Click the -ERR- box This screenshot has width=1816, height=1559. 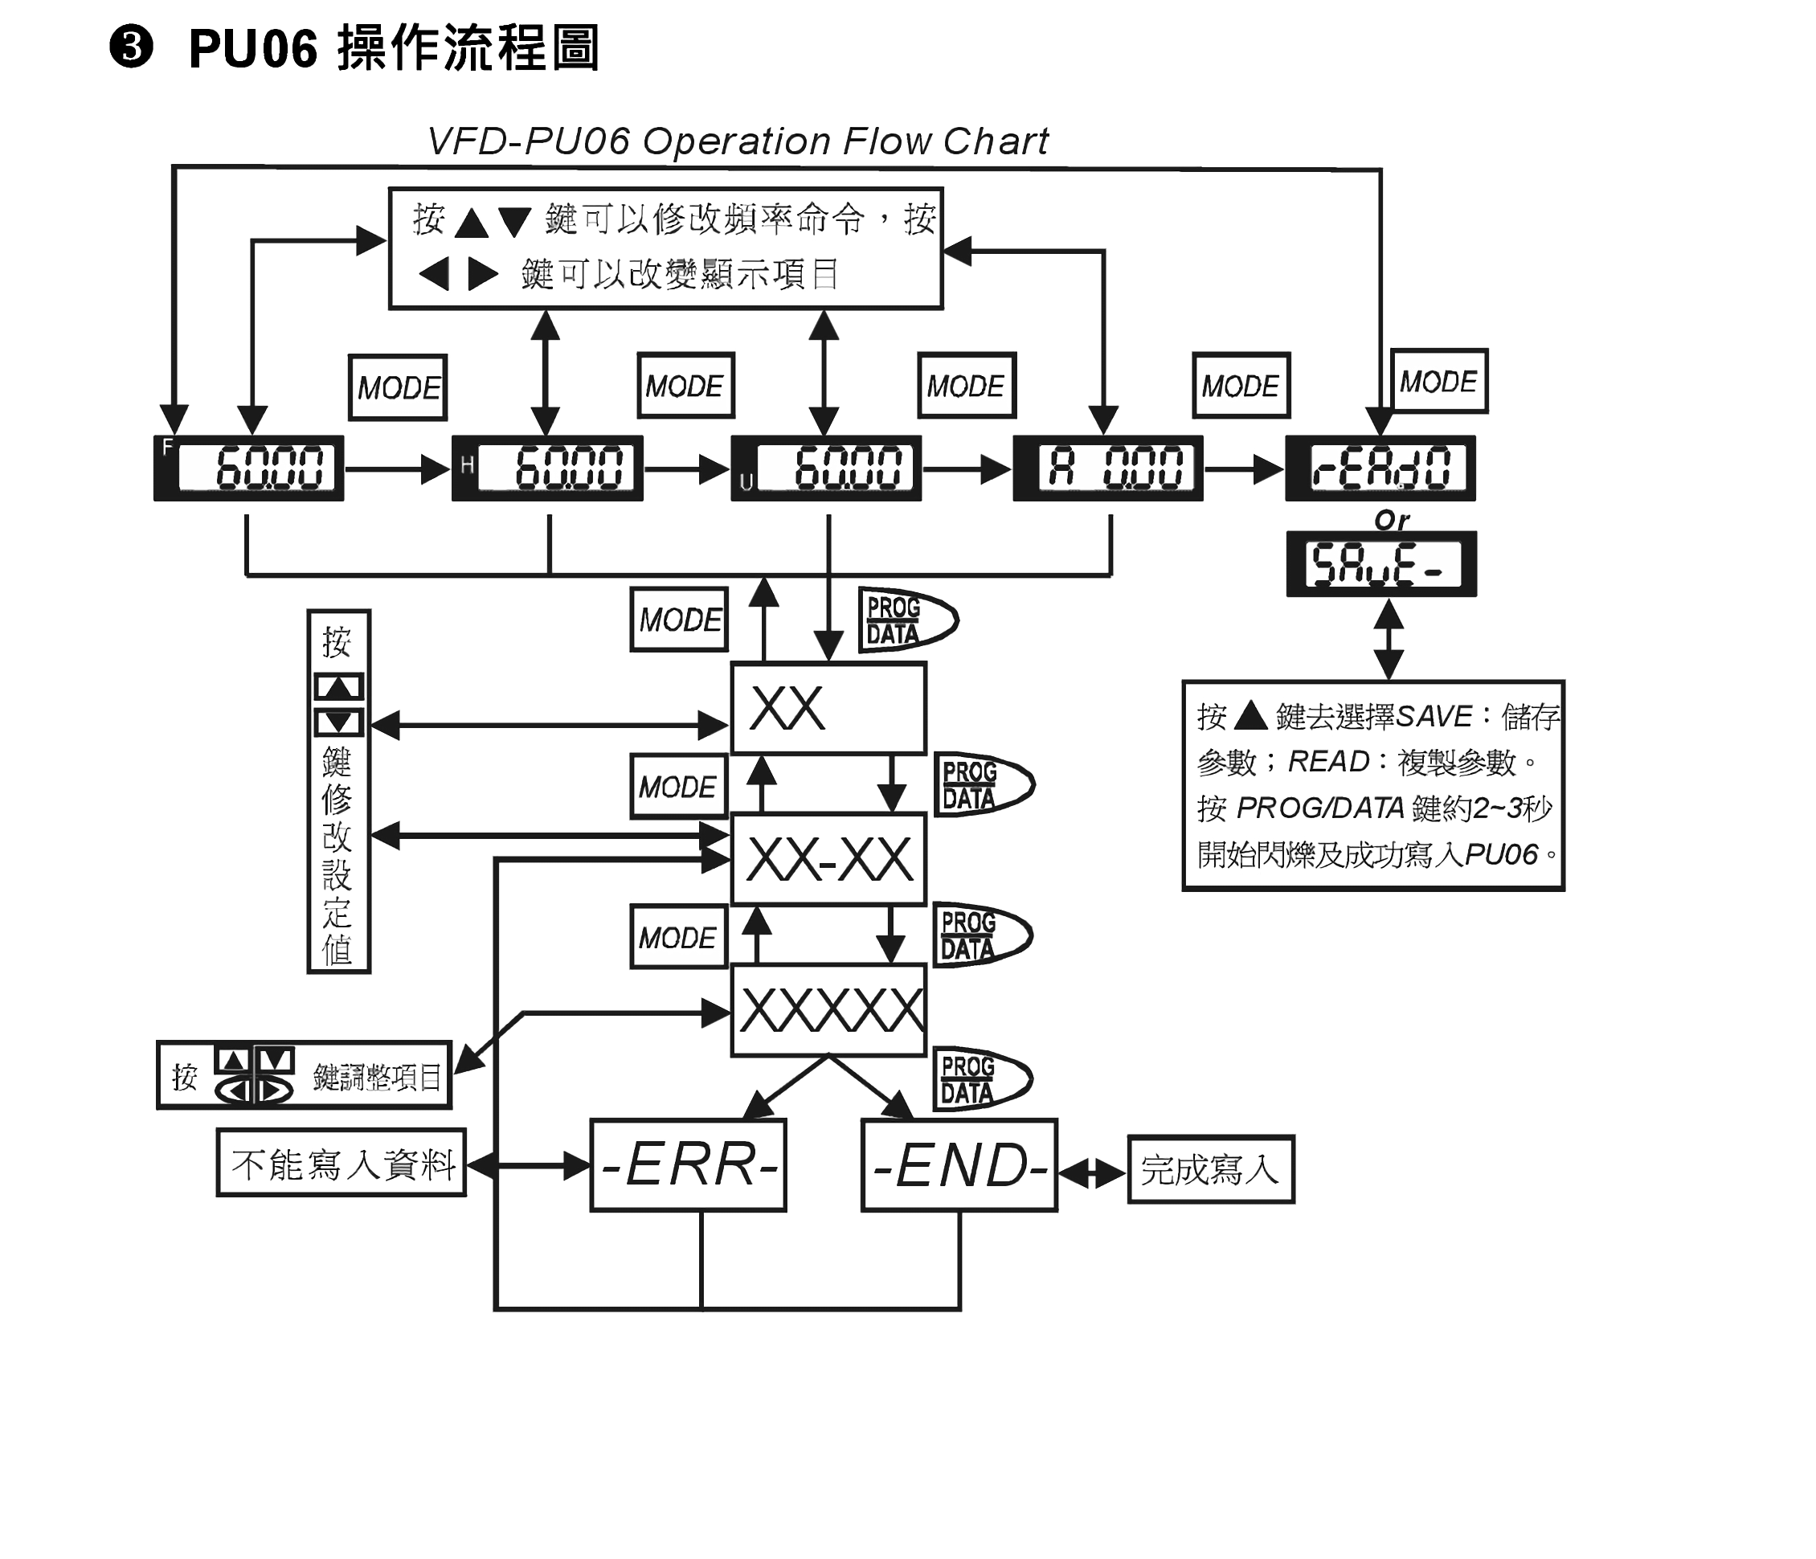pyautogui.click(x=688, y=1164)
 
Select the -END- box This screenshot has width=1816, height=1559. pyautogui.click(x=959, y=1164)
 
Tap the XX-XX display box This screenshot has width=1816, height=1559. pyautogui.click(x=828, y=859)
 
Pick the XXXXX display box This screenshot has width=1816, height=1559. pyautogui.click(x=828, y=1009)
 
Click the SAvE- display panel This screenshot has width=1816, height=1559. pyautogui.click(x=1381, y=563)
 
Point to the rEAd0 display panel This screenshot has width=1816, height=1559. pyautogui.click(x=1380, y=468)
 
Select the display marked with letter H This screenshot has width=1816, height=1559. pyautogui.click(x=548, y=468)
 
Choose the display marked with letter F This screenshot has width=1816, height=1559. pyautogui.click(x=249, y=468)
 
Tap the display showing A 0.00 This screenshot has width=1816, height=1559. pyautogui.click(x=1108, y=468)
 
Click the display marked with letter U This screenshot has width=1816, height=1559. pyautogui.click(x=827, y=468)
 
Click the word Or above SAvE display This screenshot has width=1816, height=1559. pyautogui.click(x=1391, y=521)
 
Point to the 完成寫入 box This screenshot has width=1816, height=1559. pyautogui.click(x=1210, y=1170)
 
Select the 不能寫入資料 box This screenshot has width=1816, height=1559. pyautogui.click(x=342, y=1163)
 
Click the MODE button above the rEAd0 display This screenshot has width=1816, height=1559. pyautogui.click(x=1439, y=381)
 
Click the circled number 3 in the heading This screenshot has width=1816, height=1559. pyautogui.click(x=132, y=47)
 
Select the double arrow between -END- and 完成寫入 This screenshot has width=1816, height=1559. pyautogui.click(x=1092, y=1172)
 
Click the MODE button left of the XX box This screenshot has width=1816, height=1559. pyautogui.click(x=679, y=620)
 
